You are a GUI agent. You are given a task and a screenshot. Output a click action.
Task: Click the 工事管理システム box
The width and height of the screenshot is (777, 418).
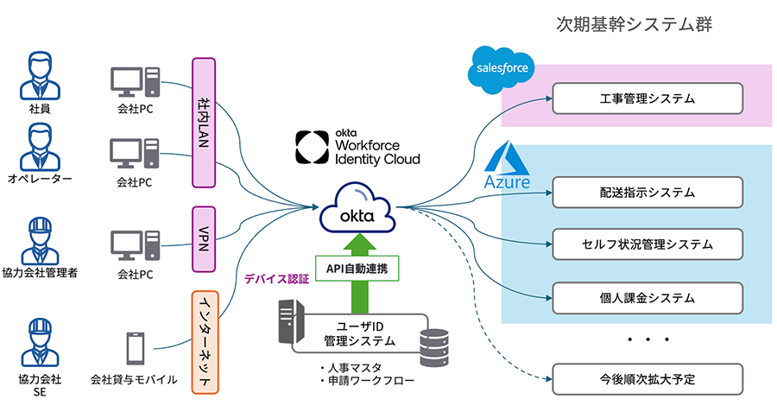pos(647,98)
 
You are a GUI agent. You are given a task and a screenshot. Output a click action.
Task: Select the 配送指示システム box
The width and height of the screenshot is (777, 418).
pos(647,192)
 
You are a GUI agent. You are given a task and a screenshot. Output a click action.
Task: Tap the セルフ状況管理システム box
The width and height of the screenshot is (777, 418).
pos(647,244)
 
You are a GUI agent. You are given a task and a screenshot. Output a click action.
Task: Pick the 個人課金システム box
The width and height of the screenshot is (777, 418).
pos(647,298)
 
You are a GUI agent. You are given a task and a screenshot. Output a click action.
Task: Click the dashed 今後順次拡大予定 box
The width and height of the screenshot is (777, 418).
pos(647,378)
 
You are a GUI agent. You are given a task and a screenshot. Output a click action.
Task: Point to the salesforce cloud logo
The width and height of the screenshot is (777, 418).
pos(502,70)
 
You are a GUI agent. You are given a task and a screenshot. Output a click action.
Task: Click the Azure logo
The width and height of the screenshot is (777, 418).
pos(507,168)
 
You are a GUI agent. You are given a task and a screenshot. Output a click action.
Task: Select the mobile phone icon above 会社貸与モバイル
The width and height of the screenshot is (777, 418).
pos(135,348)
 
